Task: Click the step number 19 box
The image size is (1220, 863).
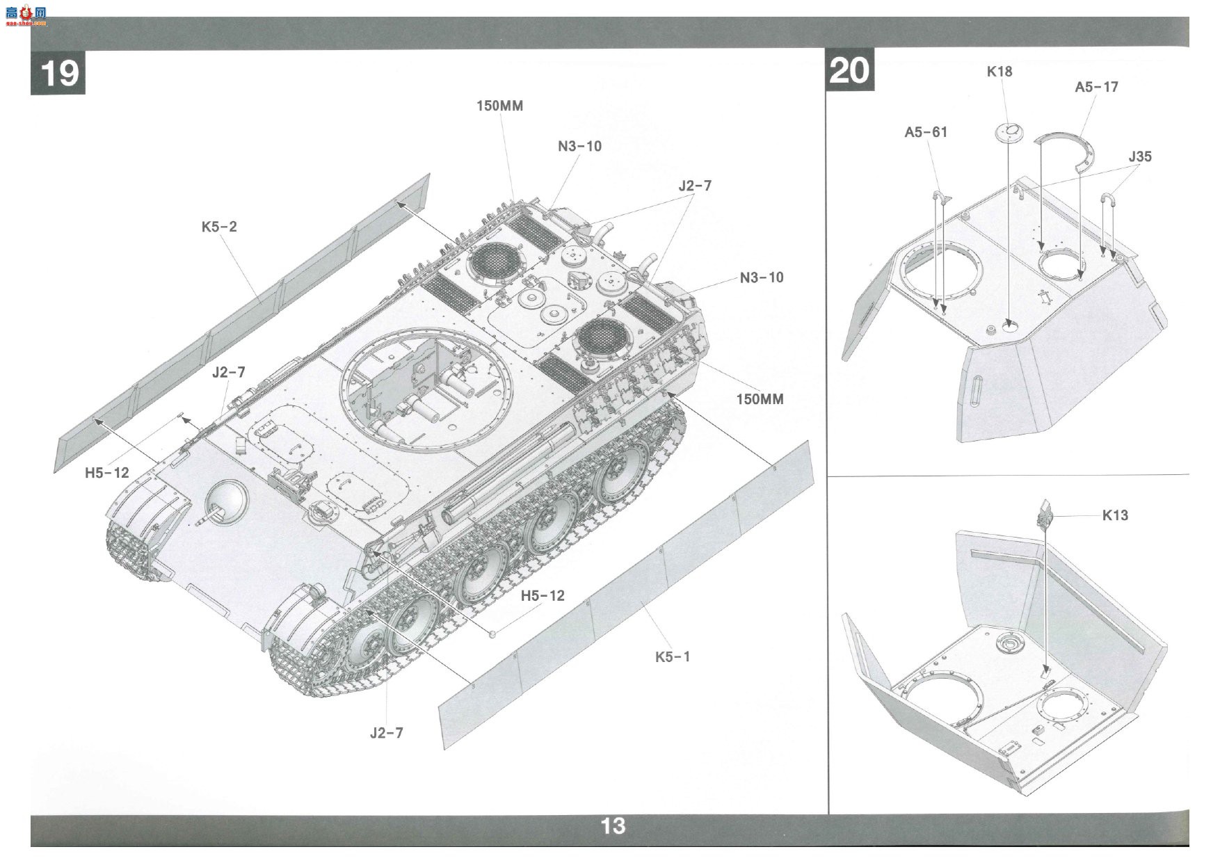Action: tap(58, 72)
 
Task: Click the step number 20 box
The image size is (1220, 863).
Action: tap(849, 70)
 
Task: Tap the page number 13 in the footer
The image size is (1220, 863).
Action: tap(613, 826)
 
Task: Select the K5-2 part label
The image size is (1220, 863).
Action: tap(219, 227)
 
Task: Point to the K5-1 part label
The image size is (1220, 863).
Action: tap(673, 656)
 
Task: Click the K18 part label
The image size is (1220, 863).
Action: tap(1000, 71)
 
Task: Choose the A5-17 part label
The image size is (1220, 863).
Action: tap(1096, 87)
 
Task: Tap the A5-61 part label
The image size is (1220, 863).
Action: tap(926, 132)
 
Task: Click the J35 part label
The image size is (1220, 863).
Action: tap(1140, 156)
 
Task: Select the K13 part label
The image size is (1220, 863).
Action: tap(1115, 515)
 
